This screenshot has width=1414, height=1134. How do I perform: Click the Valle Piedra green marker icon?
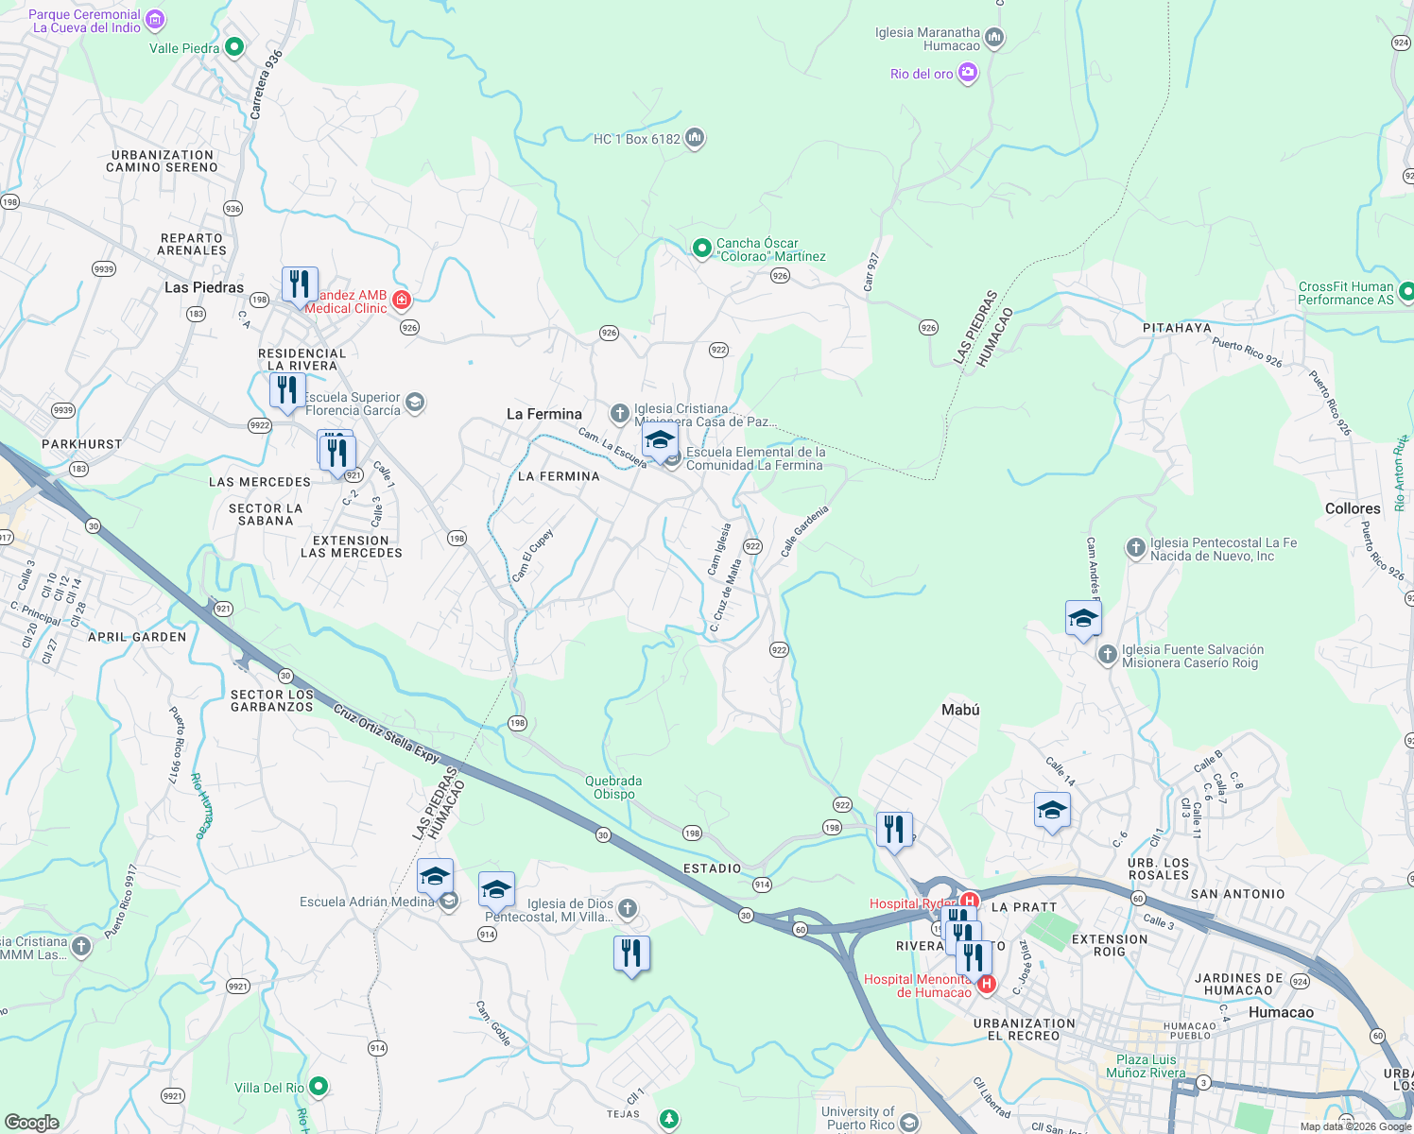234,47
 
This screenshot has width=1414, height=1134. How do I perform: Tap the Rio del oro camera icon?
967,73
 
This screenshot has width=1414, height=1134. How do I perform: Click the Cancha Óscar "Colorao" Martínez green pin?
701,249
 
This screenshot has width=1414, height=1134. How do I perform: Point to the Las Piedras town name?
204,287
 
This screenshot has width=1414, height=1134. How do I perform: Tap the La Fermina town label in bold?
544,414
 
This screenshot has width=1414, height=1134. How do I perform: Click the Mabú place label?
960,710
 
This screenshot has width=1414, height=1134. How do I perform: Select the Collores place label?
1353,508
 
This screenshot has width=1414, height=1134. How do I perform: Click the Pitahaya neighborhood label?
1177,328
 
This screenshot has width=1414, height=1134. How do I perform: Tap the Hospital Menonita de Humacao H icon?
987,985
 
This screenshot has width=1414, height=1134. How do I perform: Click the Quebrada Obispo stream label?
613,787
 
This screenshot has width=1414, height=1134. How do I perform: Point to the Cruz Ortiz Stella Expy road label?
387,733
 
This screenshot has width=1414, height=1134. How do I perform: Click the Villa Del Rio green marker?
319,1087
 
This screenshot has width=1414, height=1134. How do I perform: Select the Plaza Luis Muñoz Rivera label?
1146,1066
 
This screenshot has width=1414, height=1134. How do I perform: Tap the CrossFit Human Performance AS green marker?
1406,292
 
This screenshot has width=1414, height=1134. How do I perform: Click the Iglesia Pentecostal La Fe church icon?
1136,548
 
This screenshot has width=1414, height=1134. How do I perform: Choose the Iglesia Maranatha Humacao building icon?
993,39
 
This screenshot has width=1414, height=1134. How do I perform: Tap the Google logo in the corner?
31,1123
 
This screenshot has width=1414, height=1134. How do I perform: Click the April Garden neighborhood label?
137,637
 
